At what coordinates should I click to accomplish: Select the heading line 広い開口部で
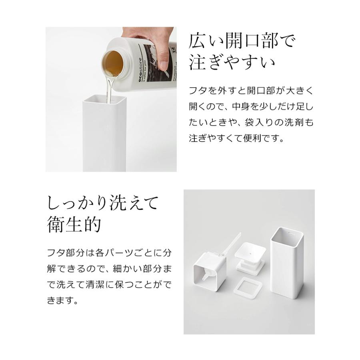tap(242, 41)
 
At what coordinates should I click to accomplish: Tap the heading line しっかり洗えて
tap(103, 203)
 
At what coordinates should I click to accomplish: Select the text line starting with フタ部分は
tap(109, 253)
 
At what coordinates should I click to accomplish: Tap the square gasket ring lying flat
tap(250, 286)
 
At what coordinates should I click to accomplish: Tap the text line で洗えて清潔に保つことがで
tap(109, 284)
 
